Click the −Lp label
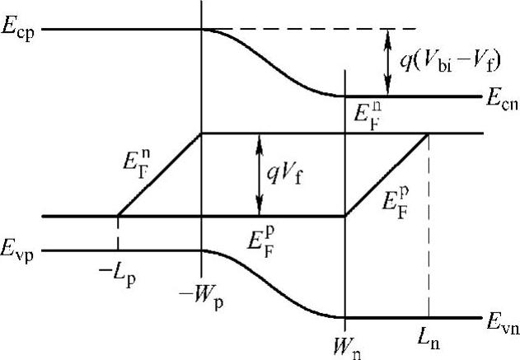pyautogui.click(x=119, y=273)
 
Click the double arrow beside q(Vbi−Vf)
pyautogui.click(x=386, y=63)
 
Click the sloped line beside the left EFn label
pyautogui.click(x=160, y=175)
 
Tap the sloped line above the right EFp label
pyautogui.click(x=387, y=175)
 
